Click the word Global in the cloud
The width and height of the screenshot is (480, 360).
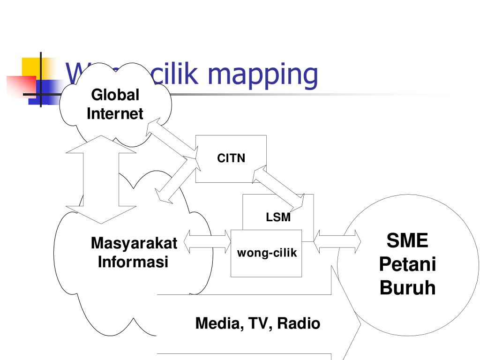pos(115,95)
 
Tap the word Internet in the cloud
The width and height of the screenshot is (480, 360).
pos(115,113)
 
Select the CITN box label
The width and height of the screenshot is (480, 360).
pos(231,158)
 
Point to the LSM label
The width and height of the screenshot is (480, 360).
pos(278,217)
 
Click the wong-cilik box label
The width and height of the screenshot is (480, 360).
pos(267,253)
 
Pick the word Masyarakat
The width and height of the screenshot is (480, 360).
pos(134,243)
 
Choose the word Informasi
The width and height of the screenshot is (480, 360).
pos(133,262)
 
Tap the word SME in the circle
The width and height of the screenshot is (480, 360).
pos(407,241)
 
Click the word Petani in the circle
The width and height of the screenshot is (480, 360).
pos(407,264)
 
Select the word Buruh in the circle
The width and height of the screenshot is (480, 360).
pos(407,288)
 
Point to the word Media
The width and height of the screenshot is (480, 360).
pos(216,323)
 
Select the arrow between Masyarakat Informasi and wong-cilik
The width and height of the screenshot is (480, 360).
pos(208,241)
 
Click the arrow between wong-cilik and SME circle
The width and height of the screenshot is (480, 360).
pos(337,241)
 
